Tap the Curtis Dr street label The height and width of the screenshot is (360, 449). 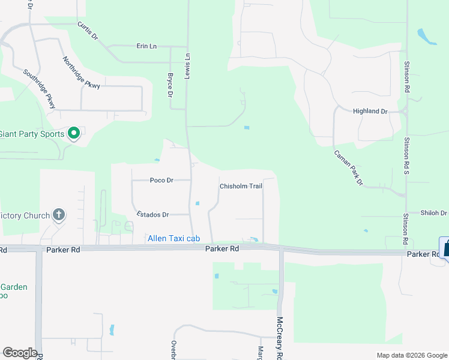coord(88,31)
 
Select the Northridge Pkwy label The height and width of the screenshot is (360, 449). coord(81,73)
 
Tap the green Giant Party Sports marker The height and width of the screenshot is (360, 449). coord(74,133)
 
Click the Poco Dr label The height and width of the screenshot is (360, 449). coord(161,180)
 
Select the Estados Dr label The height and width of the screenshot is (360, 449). coord(153,214)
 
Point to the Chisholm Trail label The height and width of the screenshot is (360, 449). coord(241,187)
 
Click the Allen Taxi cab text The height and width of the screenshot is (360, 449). coord(173,239)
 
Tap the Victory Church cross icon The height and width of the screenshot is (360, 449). coord(59,214)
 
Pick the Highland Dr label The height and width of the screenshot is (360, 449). coord(370,112)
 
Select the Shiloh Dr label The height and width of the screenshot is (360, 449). coord(433,213)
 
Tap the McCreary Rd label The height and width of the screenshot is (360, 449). coord(280,338)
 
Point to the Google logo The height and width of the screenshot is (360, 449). coord(20,353)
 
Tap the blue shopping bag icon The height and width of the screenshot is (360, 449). coord(445,248)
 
